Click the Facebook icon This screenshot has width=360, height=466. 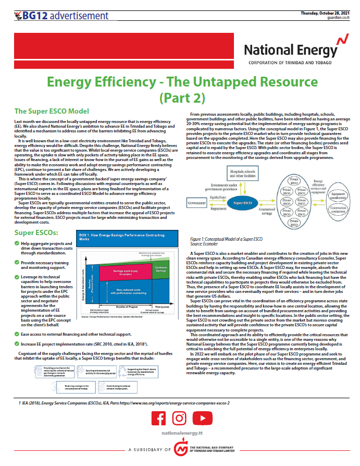tap(160, 419)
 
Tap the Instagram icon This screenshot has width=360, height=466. tap(179, 419)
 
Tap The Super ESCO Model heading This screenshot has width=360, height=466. tap(52, 111)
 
